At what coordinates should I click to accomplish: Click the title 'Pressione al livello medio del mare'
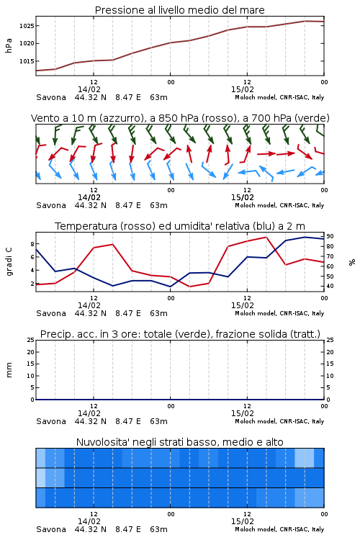(x=180, y=10)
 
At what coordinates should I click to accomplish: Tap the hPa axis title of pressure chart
(x=9, y=45)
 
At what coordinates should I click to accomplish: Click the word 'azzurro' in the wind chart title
(x=120, y=118)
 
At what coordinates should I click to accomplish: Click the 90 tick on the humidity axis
(x=330, y=236)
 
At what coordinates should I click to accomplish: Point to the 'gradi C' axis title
(x=9, y=262)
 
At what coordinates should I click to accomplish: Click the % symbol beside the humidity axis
(x=352, y=262)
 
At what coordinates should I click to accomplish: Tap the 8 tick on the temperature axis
(x=32, y=244)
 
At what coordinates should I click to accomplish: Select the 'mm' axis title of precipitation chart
(x=9, y=370)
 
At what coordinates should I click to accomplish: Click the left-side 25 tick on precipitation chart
(x=31, y=340)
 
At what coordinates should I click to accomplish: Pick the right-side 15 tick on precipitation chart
(x=330, y=364)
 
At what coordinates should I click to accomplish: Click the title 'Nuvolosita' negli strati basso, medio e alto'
(x=179, y=442)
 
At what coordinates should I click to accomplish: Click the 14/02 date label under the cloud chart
(x=89, y=521)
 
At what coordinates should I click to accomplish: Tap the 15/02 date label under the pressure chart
(x=243, y=89)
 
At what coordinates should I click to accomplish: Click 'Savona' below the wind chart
(x=51, y=206)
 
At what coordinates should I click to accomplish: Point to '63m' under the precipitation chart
(x=158, y=421)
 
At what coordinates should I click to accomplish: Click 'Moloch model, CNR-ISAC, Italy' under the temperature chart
(x=279, y=314)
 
